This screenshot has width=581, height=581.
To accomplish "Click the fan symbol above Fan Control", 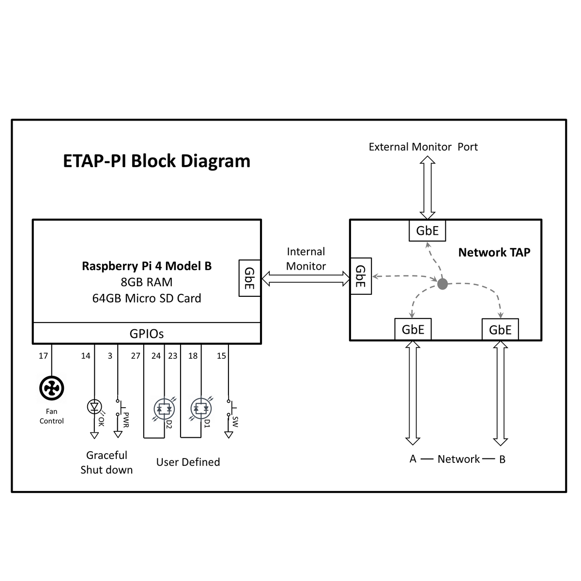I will click(x=51, y=388).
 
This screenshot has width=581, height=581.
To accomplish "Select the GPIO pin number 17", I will click(x=43, y=356).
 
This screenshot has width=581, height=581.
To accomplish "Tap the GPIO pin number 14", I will click(x=86, y=356).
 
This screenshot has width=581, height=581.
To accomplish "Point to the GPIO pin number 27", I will click(x=136, y=356).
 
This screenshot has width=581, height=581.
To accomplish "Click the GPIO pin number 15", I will click(x=221, y=356).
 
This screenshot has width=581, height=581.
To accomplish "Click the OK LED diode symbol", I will click(x=94, y=407).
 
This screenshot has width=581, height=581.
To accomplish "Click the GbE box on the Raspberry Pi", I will click(x=250, y=278).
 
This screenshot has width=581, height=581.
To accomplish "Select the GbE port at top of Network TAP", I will click(x=427, y=230).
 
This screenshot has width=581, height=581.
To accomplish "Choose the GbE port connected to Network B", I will click(x=500, y=330).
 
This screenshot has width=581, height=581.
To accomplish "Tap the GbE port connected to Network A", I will click(x=413, y=329).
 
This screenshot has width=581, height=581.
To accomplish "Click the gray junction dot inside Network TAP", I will click(x=443, y=284).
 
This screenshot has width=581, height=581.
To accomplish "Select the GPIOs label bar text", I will click(x=147, y=334).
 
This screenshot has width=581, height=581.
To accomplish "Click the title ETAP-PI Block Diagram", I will click(x=157, y=161).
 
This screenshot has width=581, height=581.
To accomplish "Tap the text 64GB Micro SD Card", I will click(x=147, y=298).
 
